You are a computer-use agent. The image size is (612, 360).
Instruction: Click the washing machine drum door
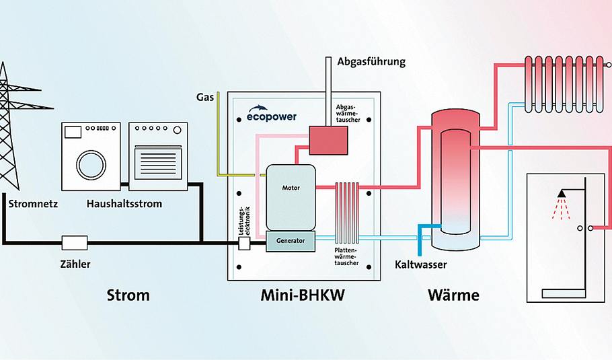point(90,164)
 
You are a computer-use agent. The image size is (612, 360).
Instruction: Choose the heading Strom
point(128,295)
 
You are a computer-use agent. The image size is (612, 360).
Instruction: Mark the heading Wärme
point(453,295)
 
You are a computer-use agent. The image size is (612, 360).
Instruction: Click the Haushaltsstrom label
point(124,203)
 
